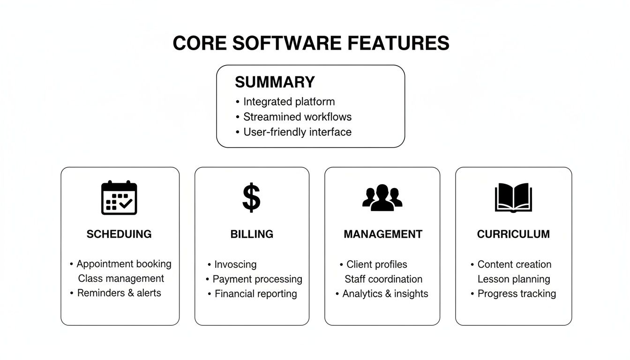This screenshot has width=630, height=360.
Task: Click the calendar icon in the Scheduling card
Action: tap(119, 198)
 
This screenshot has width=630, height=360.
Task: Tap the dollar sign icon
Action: tap(251, 198)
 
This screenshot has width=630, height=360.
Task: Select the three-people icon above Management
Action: tap(382, 197)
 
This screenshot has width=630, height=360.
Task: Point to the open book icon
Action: tap(513, 198)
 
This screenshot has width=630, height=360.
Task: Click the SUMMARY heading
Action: tap(275, 82)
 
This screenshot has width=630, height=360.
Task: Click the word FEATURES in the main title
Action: tap(398, 43)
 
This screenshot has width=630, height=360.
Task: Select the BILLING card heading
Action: tap(252, 234)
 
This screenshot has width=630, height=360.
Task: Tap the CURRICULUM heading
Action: tap(513, 234)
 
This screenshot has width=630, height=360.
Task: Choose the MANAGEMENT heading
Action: tap(383, 234)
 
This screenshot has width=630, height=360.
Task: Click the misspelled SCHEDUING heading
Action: tap(119, 234)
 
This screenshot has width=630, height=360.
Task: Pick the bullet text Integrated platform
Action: tap(289, 102)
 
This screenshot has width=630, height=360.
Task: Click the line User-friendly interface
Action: tap(297, 132)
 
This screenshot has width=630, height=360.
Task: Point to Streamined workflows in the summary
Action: tap(297, 117)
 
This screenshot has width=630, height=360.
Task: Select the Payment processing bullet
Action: tap(257, 279)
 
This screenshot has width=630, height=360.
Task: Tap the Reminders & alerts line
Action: tap(119, 293)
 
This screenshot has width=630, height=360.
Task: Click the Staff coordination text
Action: tap(383, 279)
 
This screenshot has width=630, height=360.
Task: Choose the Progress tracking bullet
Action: tap(517, 294)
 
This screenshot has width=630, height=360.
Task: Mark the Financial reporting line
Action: tap(255, 294)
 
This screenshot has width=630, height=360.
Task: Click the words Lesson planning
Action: tap(514, 279)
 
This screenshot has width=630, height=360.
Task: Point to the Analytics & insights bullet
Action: tap(385, 294)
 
